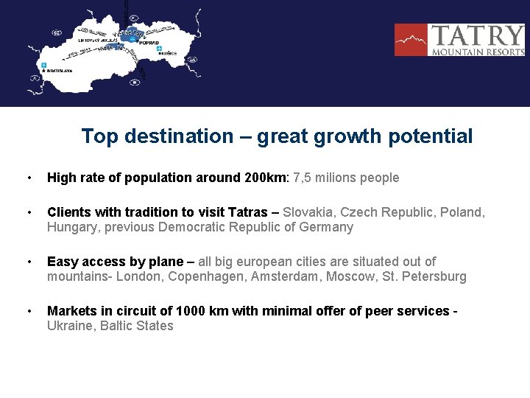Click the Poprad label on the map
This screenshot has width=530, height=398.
click(149, 43)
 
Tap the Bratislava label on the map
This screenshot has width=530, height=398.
click(60, 72)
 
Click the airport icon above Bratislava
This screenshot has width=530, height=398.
click(44, 66)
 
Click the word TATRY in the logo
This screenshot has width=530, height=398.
click(477, 36)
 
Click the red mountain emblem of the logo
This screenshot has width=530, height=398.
click(411, 40)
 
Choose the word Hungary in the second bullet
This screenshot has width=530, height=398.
click(71, 227)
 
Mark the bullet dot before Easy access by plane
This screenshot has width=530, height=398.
click(28, 262)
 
